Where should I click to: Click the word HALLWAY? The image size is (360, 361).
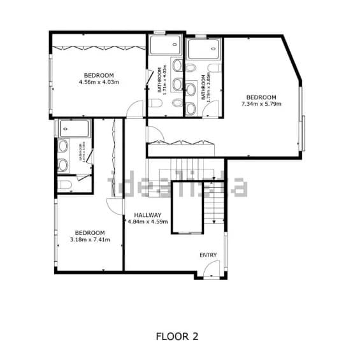point(148,215)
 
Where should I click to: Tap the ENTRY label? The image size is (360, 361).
point(208,255)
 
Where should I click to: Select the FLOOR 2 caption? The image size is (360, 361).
point(176,336)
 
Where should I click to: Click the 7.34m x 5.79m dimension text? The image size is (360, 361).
point(261,104)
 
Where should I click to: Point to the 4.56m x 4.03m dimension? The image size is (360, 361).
point(99,82)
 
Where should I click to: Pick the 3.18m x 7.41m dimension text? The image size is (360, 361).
point(90,240)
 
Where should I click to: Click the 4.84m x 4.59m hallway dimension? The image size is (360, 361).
point(148,222)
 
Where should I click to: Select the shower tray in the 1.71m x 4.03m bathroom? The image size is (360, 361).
point(166,46)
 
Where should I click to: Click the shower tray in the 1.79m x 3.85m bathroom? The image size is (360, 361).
point(204,48)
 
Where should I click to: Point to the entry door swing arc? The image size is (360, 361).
point(204,270)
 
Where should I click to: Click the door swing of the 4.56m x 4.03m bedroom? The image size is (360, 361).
point(135,108)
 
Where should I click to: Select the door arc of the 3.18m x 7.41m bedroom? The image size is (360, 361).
point(113,205)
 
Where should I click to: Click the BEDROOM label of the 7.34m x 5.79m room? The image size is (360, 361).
point(261,97)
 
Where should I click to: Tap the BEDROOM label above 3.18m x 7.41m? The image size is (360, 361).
point(90,233)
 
